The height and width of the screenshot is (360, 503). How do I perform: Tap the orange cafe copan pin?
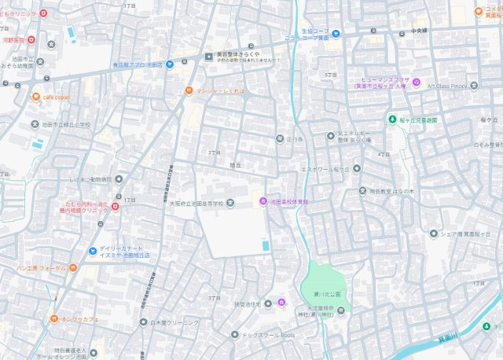(36, 97)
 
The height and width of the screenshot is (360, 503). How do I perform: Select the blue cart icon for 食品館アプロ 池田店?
(169, 64)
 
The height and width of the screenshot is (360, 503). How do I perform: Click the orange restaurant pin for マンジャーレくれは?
(189, 90)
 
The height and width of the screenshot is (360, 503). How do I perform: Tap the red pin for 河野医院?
(31, 39)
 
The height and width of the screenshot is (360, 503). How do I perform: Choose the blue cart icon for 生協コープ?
(336, 33)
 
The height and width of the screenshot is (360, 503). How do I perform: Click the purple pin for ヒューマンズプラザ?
(417, 83)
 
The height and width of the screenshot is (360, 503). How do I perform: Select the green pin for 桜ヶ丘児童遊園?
(391, 119)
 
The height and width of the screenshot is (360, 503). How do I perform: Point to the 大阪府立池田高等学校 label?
(197, 203)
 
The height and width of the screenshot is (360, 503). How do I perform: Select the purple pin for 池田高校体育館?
(265, 203)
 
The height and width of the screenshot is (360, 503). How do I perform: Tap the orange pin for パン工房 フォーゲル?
(72, 268)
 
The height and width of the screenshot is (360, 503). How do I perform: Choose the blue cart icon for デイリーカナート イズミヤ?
(92, 252)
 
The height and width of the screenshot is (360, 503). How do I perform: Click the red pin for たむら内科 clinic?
(116, 206)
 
